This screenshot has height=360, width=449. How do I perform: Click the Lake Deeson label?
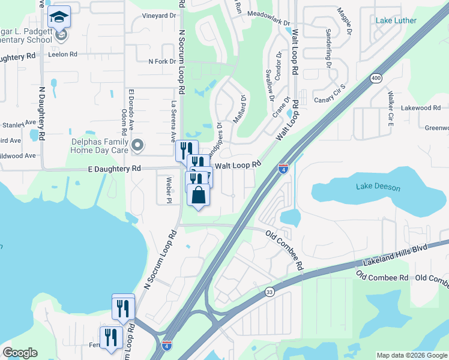click(x=378, y=187)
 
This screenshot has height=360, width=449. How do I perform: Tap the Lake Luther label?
click(x=396, y=20)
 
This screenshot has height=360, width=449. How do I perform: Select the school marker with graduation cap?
click(x=59, y=17)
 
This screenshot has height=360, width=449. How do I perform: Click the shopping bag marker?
click(x=199, y=195)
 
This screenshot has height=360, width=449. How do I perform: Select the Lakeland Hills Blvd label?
click(x=396, y=256)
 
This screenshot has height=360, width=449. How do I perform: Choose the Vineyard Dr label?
click(x=158, y=16)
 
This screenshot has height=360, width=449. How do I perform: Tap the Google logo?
click(x=20, y=353)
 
